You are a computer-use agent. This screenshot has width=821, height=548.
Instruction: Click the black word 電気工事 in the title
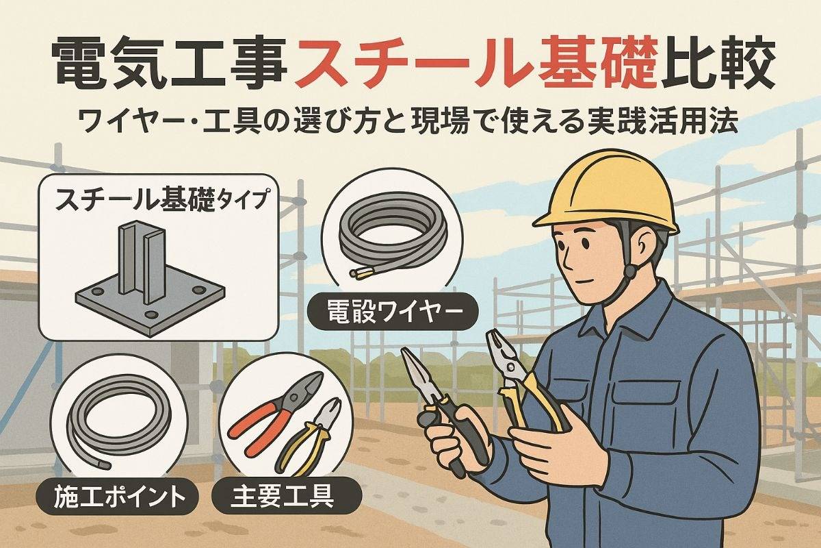168,65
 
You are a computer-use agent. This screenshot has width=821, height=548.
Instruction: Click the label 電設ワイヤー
393,310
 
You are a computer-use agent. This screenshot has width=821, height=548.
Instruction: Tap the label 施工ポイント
118,496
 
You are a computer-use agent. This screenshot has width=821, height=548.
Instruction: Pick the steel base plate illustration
151,279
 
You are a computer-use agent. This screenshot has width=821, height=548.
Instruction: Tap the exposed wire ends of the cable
357,273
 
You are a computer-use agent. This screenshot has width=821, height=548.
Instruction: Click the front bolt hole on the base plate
151,314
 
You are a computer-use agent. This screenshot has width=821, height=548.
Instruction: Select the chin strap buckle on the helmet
629,271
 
